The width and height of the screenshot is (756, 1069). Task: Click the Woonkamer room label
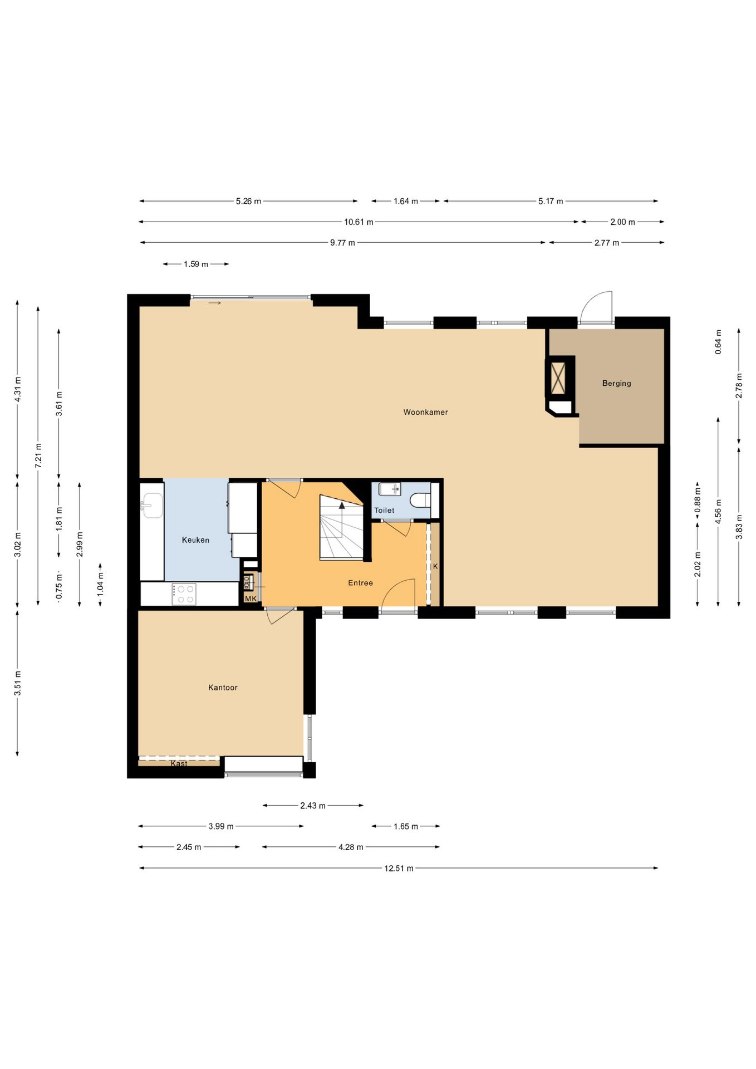click(425, 412)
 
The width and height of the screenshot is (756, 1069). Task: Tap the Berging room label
click(616, 383)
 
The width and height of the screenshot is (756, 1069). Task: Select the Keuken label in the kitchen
click(195, 540)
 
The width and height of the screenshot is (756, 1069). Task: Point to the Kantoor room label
click(223, 688)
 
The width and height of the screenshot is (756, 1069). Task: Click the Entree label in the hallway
click(360, 582)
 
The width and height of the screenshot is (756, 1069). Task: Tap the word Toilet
click(384, 510)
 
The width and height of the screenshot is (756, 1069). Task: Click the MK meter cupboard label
click(251, 599)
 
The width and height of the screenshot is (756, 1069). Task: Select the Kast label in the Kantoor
click(179, 763)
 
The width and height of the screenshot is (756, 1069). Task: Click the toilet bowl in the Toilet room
click(420, 499)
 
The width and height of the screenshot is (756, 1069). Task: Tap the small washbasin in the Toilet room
click(390, 489)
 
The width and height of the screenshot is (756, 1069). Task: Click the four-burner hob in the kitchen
click(184, 594)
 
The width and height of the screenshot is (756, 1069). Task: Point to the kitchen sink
click(150, 505)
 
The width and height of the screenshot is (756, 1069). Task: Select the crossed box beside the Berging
click(557, 378)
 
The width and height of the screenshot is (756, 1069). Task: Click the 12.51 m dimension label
click(399, 868)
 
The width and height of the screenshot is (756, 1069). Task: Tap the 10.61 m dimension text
click(359, 222)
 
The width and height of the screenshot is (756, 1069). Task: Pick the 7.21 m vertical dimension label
click(38, 455)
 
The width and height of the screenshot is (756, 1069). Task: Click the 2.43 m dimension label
click(313, 806)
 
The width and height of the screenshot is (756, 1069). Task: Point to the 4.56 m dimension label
click(718, 511)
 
